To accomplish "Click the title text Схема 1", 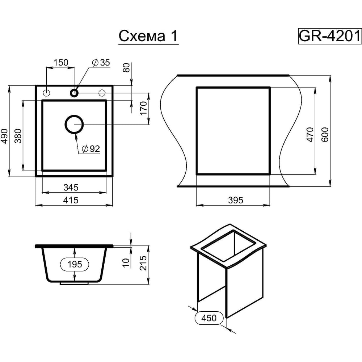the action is tap(148, 36).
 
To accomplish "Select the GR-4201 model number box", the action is tap(330, 36).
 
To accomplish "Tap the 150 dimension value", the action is tap(61, 63).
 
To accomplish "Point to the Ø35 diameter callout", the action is tap(101, 63).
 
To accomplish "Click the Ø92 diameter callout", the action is tap(91, 149).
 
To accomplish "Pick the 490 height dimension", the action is tap(5, 136).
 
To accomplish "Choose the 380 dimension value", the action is tap(18, 136).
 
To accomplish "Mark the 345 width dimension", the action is tap(71, 188).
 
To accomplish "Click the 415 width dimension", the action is tap(71, 200).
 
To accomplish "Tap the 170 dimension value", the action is tap(143, 108).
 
